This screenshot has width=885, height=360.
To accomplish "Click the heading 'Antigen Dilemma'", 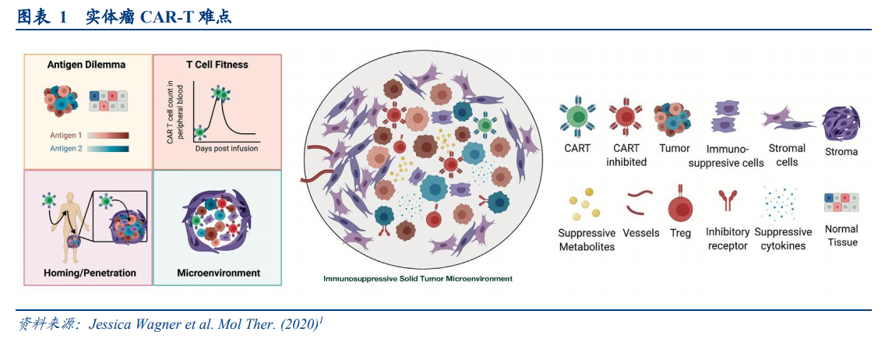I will [x=86, y=65].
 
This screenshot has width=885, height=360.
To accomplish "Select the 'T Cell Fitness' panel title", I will [x=217, y=65].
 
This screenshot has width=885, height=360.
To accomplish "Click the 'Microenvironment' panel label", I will [x=218, y=273].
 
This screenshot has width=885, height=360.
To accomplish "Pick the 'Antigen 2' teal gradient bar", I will [x=109, y=148].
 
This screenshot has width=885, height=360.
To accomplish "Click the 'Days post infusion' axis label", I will [x=227, y=148].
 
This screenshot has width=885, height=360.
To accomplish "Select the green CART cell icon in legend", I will [x=576, y=117].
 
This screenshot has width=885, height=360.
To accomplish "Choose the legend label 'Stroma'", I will [x=841, y=152].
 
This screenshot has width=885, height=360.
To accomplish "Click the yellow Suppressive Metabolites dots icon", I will [x=586, y=203].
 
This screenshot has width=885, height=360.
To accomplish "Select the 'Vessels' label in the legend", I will [x=641, y=233].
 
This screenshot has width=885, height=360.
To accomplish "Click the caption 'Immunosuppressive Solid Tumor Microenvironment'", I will [x=418, y=278].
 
